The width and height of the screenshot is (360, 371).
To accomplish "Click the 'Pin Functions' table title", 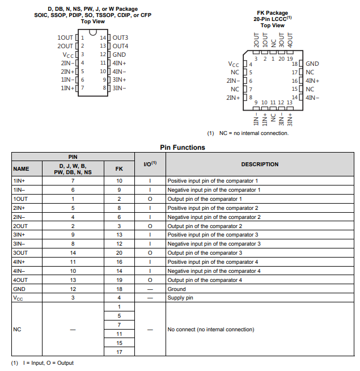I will click(x=183, y=147).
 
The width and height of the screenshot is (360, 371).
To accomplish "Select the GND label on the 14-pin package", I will click(x=119, y=54).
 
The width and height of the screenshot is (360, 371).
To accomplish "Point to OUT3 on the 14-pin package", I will click(x=120, y=37).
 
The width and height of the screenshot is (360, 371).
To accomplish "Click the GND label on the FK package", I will click(x=312, y=64).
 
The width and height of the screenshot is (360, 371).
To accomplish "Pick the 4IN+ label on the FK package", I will click(x=313, y=81).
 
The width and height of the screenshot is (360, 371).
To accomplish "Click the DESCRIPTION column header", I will click(x=260, y=165).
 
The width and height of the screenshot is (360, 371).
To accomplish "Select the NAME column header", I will click(x=21, y=168).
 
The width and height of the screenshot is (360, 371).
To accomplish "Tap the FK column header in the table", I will click(x=119, y=168).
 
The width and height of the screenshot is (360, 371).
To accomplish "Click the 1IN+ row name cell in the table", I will click(x=19, y=180).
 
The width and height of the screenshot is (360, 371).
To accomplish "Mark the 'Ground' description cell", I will click(x=177, y=289).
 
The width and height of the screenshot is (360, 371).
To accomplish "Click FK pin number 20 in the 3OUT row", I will click(x=119, y=252).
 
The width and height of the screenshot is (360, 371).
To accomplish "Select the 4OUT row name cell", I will click(x=20, y=280).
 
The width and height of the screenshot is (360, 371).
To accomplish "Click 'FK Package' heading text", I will click(x=273, y=13).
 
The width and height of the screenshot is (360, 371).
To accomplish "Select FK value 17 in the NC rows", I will click(x=119, y=352).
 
